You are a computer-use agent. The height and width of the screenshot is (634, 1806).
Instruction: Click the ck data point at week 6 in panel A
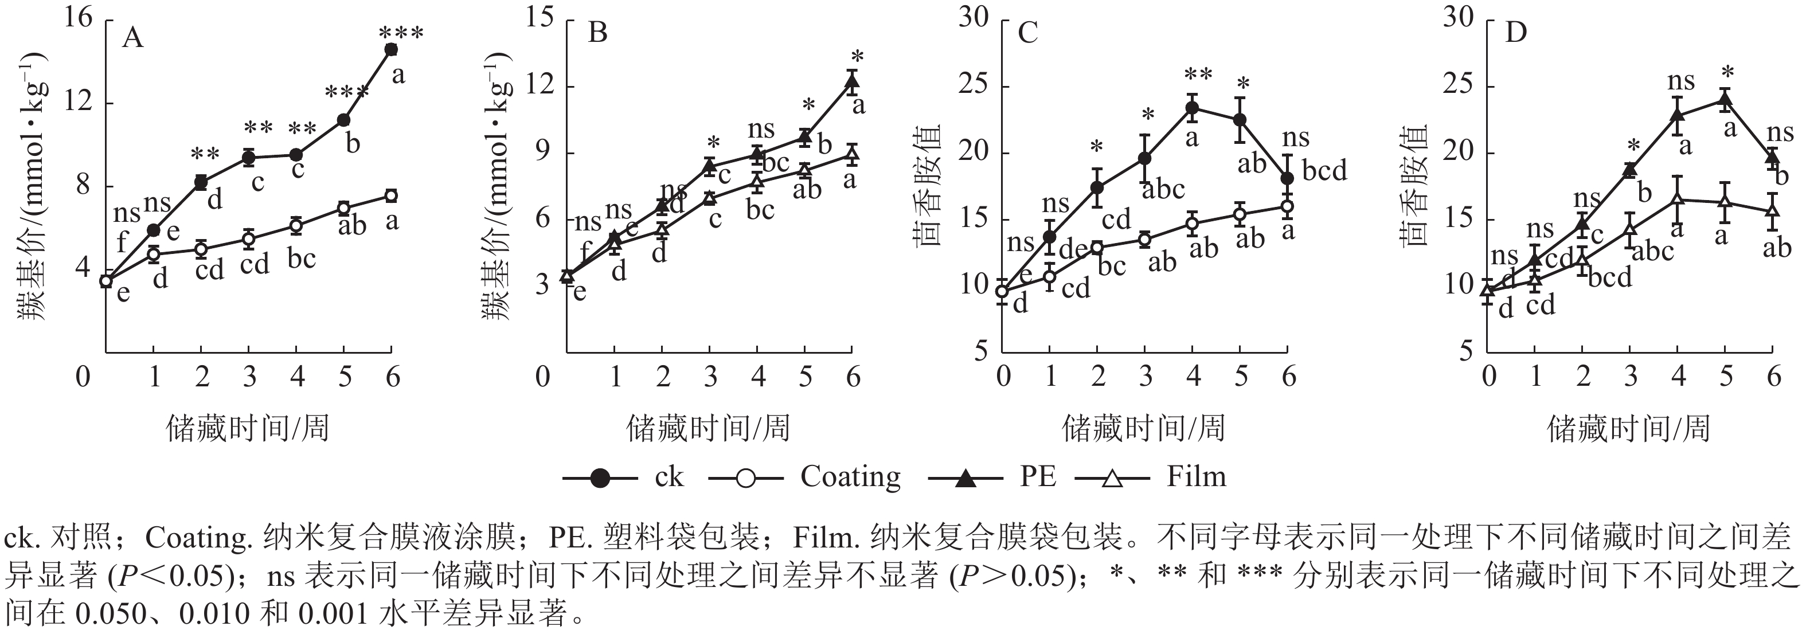coord(391,49)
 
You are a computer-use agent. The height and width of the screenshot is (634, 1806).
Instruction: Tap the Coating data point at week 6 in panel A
coord(391,195)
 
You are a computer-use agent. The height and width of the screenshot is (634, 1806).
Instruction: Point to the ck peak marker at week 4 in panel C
coord(1192,107)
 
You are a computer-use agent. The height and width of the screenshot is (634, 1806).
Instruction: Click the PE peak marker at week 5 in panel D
coord(1725,100)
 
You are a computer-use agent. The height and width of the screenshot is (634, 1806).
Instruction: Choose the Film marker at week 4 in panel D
coord(1678,199)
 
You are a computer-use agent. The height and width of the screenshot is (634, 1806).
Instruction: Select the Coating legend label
coord(850,478)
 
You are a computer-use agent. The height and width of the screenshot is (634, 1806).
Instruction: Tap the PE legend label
coord(1038,478)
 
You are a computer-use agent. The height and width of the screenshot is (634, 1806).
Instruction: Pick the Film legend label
coord(1196,478)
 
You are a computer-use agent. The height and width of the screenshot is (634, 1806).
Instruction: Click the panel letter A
coord(132,37)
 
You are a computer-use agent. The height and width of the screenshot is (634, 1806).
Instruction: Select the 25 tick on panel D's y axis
coord(1457,86)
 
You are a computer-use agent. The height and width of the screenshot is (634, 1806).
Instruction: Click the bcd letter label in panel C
coord(1324,170)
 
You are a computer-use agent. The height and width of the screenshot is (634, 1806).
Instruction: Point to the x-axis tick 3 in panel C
coord(1146,377)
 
